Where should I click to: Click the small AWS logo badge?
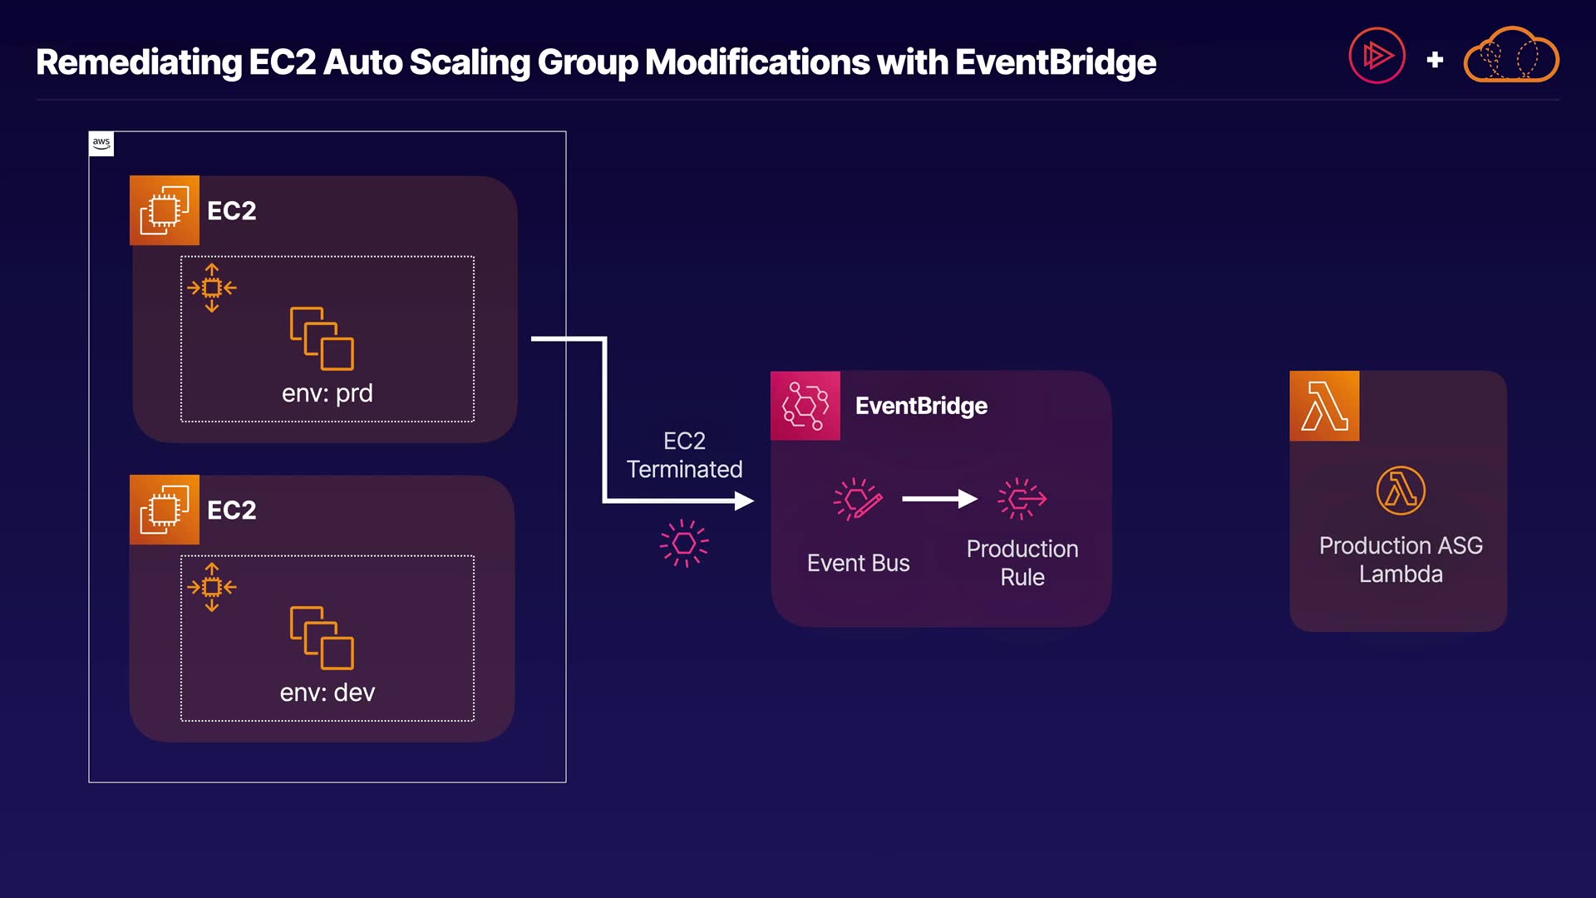(x=101, y=144)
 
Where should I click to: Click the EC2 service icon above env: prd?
(x=165, y=210)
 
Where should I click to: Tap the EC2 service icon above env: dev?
(x=165, y=510)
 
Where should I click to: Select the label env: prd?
(x=328, y=393)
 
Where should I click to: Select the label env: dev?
(x=328, y=693)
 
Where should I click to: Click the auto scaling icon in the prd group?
(x=212, y=288)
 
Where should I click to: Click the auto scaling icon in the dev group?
(x=212, y=587)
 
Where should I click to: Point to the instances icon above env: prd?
(x=322, y=338)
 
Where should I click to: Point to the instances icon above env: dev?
(x=322, y=638)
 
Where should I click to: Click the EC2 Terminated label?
(x=684, y=455)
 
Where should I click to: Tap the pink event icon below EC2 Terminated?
(x=684, y=544)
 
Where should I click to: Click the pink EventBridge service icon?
(x=805, y=406)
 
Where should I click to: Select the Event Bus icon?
(x=858, y=500)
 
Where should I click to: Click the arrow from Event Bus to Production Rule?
(x=940, y=499)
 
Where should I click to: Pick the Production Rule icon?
(x=1022, y=499)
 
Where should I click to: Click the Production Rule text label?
(x=1022, y=563)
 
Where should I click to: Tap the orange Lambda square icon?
(x=1324, y=406)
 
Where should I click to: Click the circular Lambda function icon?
(x=1401, y=491)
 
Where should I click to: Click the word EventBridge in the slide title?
(x=1056, y=62)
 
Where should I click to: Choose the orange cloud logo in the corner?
(x=1511, y=55)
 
